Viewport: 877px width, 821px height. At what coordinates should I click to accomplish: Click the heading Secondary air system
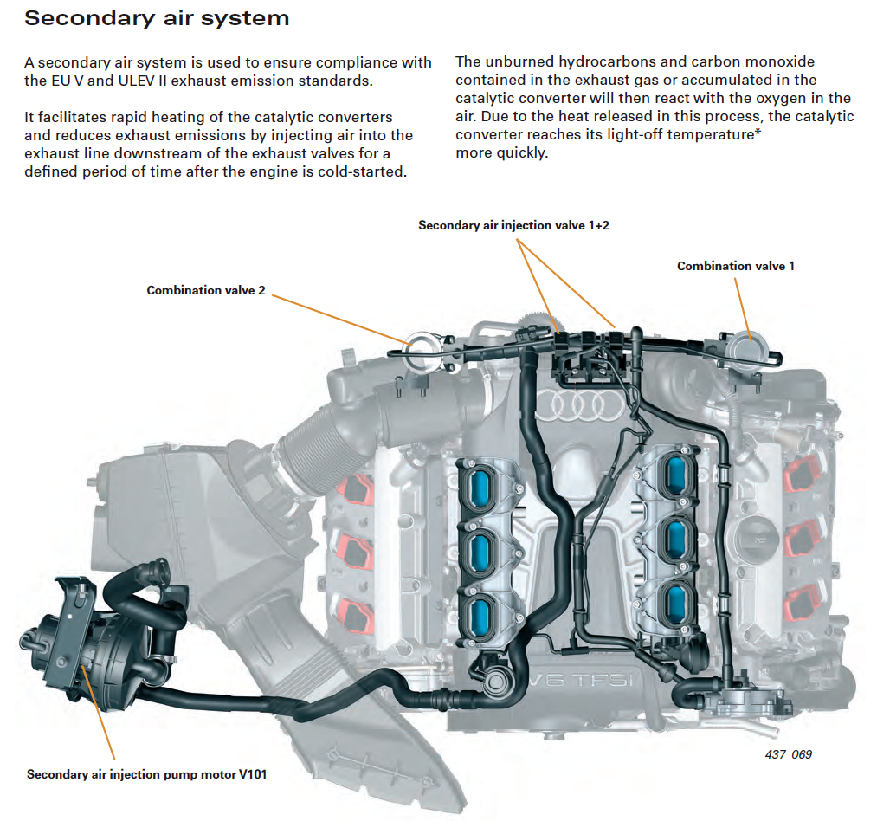point(157,18)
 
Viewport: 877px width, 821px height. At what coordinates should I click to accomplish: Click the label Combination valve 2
point(206,290)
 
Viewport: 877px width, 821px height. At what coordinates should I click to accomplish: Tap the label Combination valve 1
point(735,266)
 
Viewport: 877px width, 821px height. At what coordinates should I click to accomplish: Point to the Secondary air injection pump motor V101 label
point(146,774)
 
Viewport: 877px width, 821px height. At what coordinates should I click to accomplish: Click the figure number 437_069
point(788,754)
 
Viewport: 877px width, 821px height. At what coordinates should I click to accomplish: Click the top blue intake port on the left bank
point(481,481)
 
